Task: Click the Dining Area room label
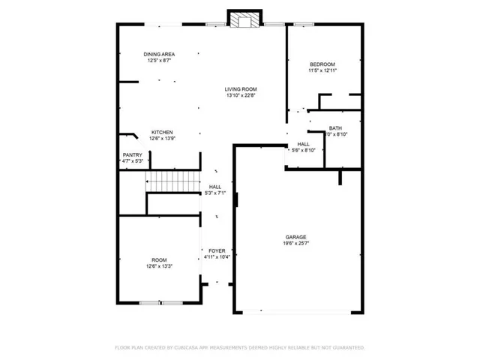pyautogui.click(x=159, y=54)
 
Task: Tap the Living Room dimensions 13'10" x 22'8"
pyautogui.click(x=241, y=95)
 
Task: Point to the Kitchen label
pyautogui.click(x=162, y=132)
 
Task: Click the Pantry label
pyautogui.click(x=132, y=155)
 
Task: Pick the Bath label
pyautogui.click(x=334, y=127)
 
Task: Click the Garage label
pyautogui.click(x=295, y=237)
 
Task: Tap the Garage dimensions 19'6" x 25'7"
pyautogui.click(x=295, y=244)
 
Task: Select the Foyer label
pyautogui.click(x=216, y=250)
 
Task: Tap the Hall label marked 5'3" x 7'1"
pyautogui.click(x=215, y=187)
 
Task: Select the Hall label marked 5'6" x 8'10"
pyautogui.click(x=303, y=144)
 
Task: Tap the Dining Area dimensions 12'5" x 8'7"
pyautogui.click(x=159, y=61)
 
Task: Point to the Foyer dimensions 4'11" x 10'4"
pyautogui.click(x=216, y=257)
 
